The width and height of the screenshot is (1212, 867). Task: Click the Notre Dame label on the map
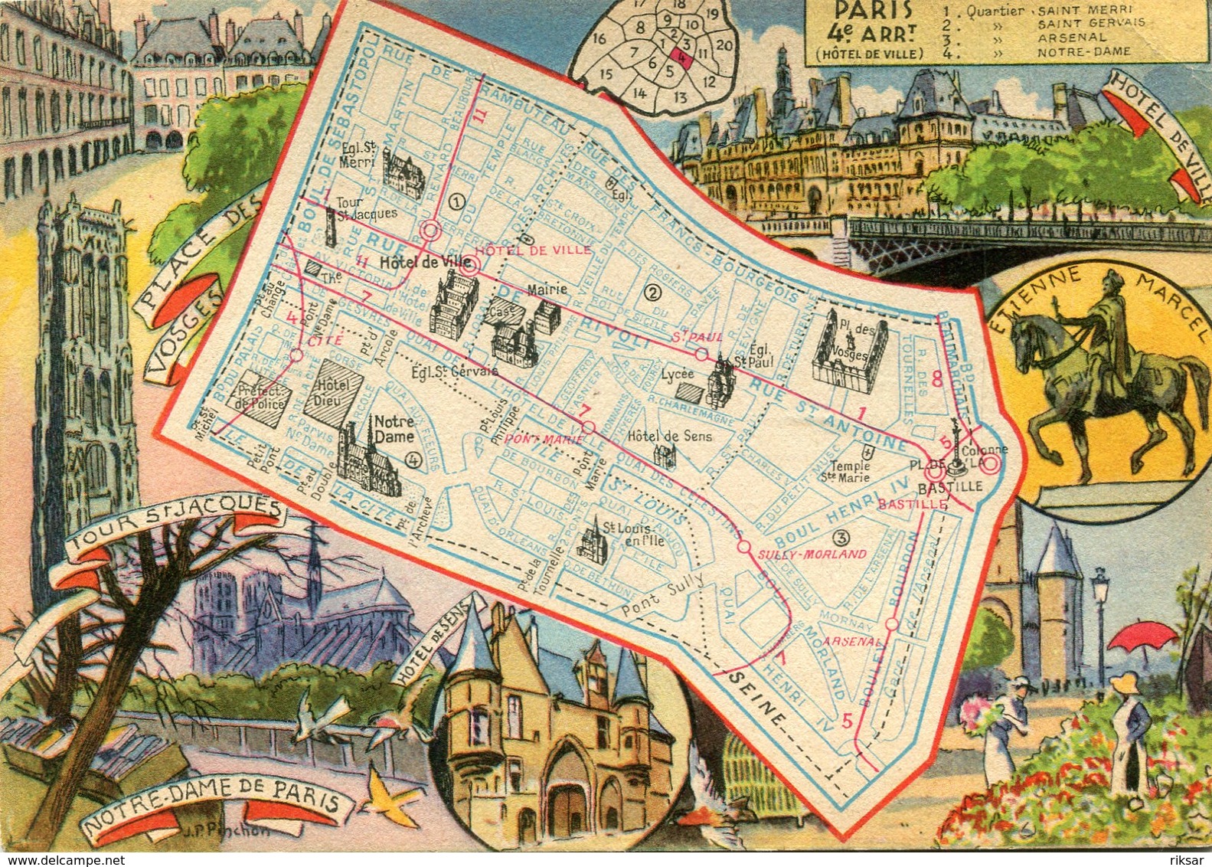(394, 429)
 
